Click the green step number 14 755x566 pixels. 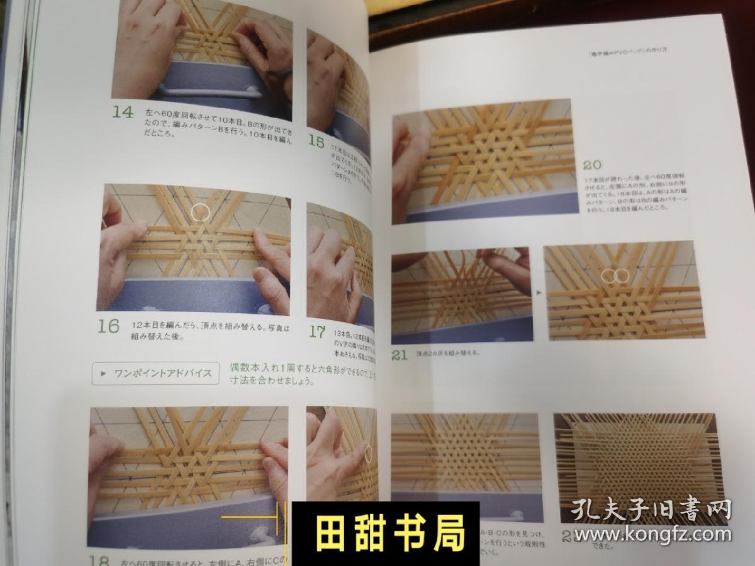click(123, 113)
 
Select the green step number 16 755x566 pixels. click(108, 326)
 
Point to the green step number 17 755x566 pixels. click(317, 331)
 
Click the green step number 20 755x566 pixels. click(592, 165)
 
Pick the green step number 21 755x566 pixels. click(400, 355)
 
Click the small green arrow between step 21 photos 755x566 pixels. click(537, 291)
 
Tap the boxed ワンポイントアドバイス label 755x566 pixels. click(155, 373)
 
